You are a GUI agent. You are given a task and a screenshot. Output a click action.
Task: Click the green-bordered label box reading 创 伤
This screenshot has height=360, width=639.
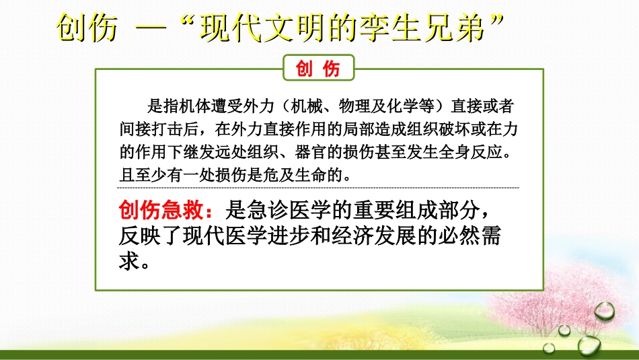319,69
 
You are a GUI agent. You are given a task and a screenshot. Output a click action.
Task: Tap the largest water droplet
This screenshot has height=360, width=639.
603,311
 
